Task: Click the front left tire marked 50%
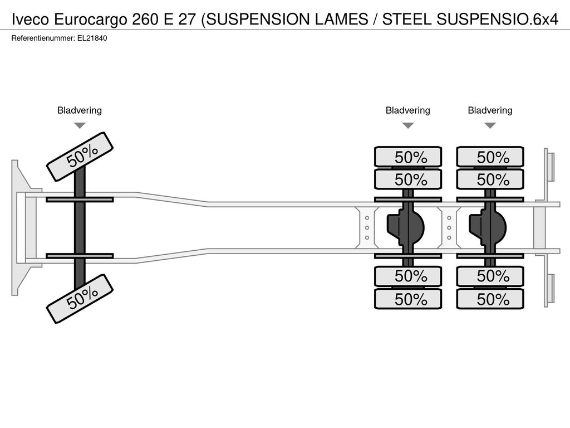(80, 157)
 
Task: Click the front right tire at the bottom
(80, 299)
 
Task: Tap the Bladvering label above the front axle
(80, 110)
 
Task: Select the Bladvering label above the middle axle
(408, 110)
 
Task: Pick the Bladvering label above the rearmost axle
(490, 110)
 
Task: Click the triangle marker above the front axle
(80, 125)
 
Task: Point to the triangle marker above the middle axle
(408, 125)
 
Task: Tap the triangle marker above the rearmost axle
(490, 125)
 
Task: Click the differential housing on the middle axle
(406, 228)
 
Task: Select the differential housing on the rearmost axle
(488, 228)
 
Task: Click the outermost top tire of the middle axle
(408, 157)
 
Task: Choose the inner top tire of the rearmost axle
(490, 179)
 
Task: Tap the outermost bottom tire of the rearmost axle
(490, 299)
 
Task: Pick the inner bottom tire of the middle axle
(408, 276)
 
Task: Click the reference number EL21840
(92, 38)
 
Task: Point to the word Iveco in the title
(31, 20)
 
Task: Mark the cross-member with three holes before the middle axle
(367, 228)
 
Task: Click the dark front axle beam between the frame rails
(80, 228)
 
